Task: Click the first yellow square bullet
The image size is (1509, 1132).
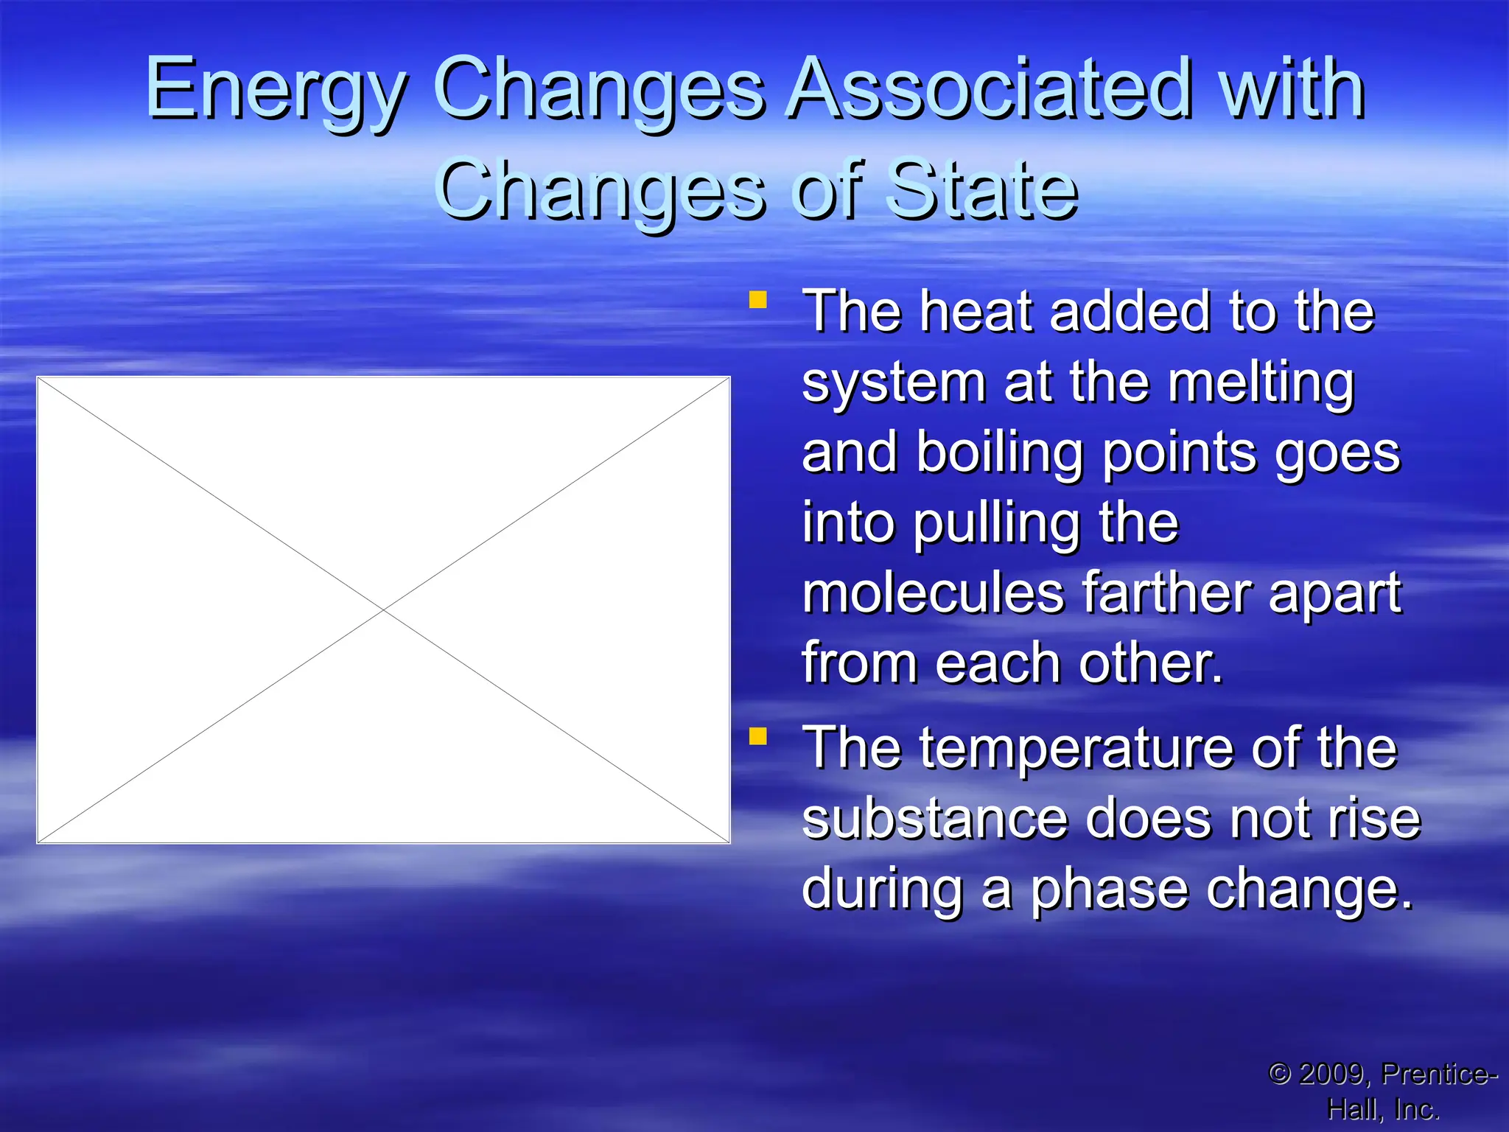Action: coord(757,300)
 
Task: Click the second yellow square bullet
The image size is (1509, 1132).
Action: coord(757,736)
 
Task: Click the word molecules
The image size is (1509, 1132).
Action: coord(933,593)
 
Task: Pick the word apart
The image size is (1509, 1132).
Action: coord(1334,593)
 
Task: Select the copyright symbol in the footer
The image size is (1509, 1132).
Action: coord(1280,1074)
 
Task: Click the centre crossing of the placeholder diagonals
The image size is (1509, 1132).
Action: coord(383,610)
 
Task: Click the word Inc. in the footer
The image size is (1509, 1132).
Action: coord(1416,1109)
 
